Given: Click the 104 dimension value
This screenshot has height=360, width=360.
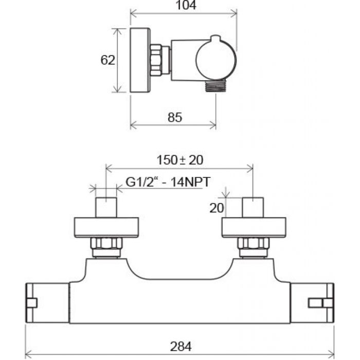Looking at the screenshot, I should [x=183, y=6].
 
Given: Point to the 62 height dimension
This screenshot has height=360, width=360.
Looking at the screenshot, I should [x=107, y=60].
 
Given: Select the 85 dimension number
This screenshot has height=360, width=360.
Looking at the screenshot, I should [x=175, y=118].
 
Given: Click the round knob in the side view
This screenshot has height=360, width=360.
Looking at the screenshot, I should [x=216, y=60].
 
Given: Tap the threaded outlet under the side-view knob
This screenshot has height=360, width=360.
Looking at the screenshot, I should [x=214, y=86].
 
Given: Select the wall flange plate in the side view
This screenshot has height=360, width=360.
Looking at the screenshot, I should [x=139, y=60].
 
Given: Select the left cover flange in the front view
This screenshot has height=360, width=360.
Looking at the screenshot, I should [x=107, y=227].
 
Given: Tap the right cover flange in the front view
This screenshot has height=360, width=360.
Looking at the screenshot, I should [x=253, y=227].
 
